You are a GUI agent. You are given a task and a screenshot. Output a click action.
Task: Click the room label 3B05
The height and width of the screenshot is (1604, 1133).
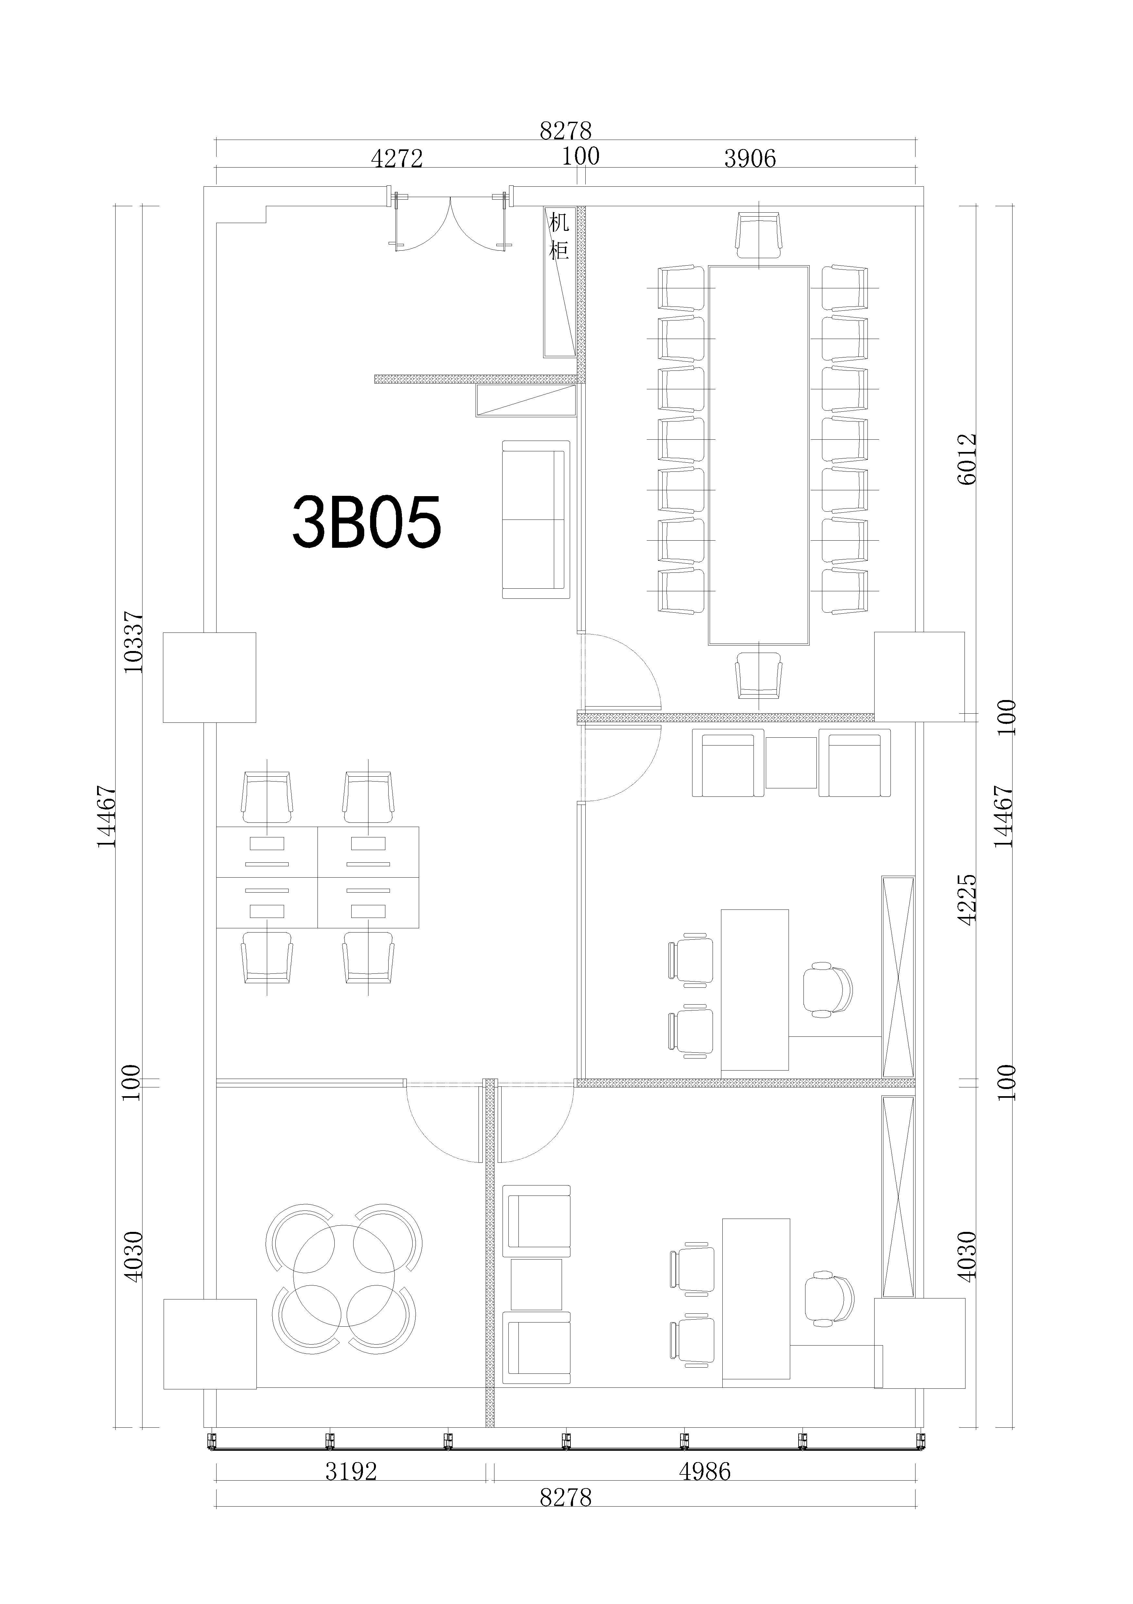point(367,522)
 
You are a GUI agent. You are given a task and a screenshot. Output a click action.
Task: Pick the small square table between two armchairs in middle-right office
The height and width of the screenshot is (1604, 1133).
point(791,763)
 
